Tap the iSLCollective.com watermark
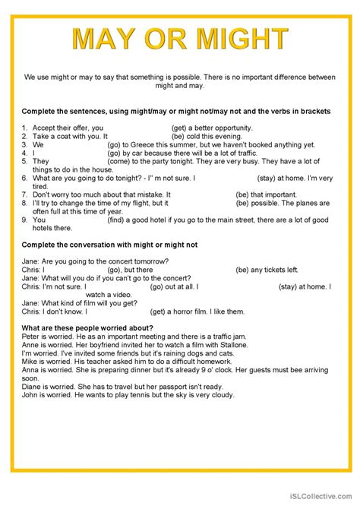click(318, 495)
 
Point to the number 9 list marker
click(24, 220)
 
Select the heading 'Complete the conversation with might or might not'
click(109, 245)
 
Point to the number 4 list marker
click(24, 153)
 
